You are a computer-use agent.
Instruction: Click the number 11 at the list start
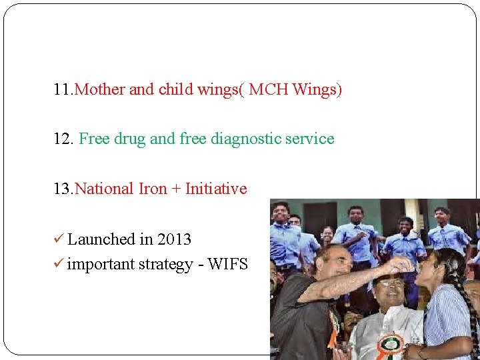click(x=63, y=89)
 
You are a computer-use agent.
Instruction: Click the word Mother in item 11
click(x=100, y=89)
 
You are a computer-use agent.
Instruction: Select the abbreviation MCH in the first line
click(x=270, y=89)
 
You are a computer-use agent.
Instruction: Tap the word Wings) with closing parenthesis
click(x=317, y=89)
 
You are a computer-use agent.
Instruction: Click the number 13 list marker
click(x=63, y=189)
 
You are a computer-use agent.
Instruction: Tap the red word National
click(x=105, y=189)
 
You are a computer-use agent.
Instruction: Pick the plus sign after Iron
click(x=176, y=189)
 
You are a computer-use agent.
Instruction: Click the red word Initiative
click(x=215, y=189)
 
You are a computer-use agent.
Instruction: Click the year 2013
click(x=174, y=239)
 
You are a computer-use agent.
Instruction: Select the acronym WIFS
click(x=227, y=265)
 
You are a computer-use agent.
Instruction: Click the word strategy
click(x=166, y=265)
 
